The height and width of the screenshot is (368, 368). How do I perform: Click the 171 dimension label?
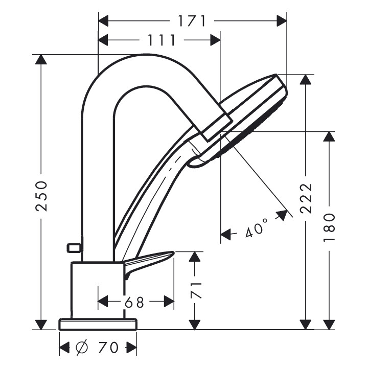click(192, 21)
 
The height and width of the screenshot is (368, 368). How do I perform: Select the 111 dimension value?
click(162, 40)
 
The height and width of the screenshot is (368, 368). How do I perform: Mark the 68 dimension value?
click(135, 302)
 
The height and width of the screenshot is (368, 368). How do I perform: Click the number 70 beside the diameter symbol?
click(108, 348)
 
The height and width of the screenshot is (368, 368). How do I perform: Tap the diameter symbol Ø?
click(82, 348)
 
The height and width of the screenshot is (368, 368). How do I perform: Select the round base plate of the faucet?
click(98, 324)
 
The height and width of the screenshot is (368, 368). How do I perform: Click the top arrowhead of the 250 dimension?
click(41, 59)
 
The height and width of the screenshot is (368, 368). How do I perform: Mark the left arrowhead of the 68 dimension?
click(103, 302)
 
